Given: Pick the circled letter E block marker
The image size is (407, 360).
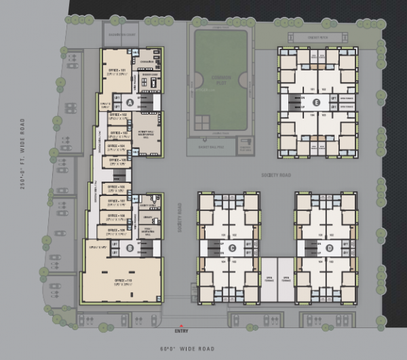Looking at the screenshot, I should click(x=317, y=102).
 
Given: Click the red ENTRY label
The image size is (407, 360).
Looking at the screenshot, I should click(x=182, y=331).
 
